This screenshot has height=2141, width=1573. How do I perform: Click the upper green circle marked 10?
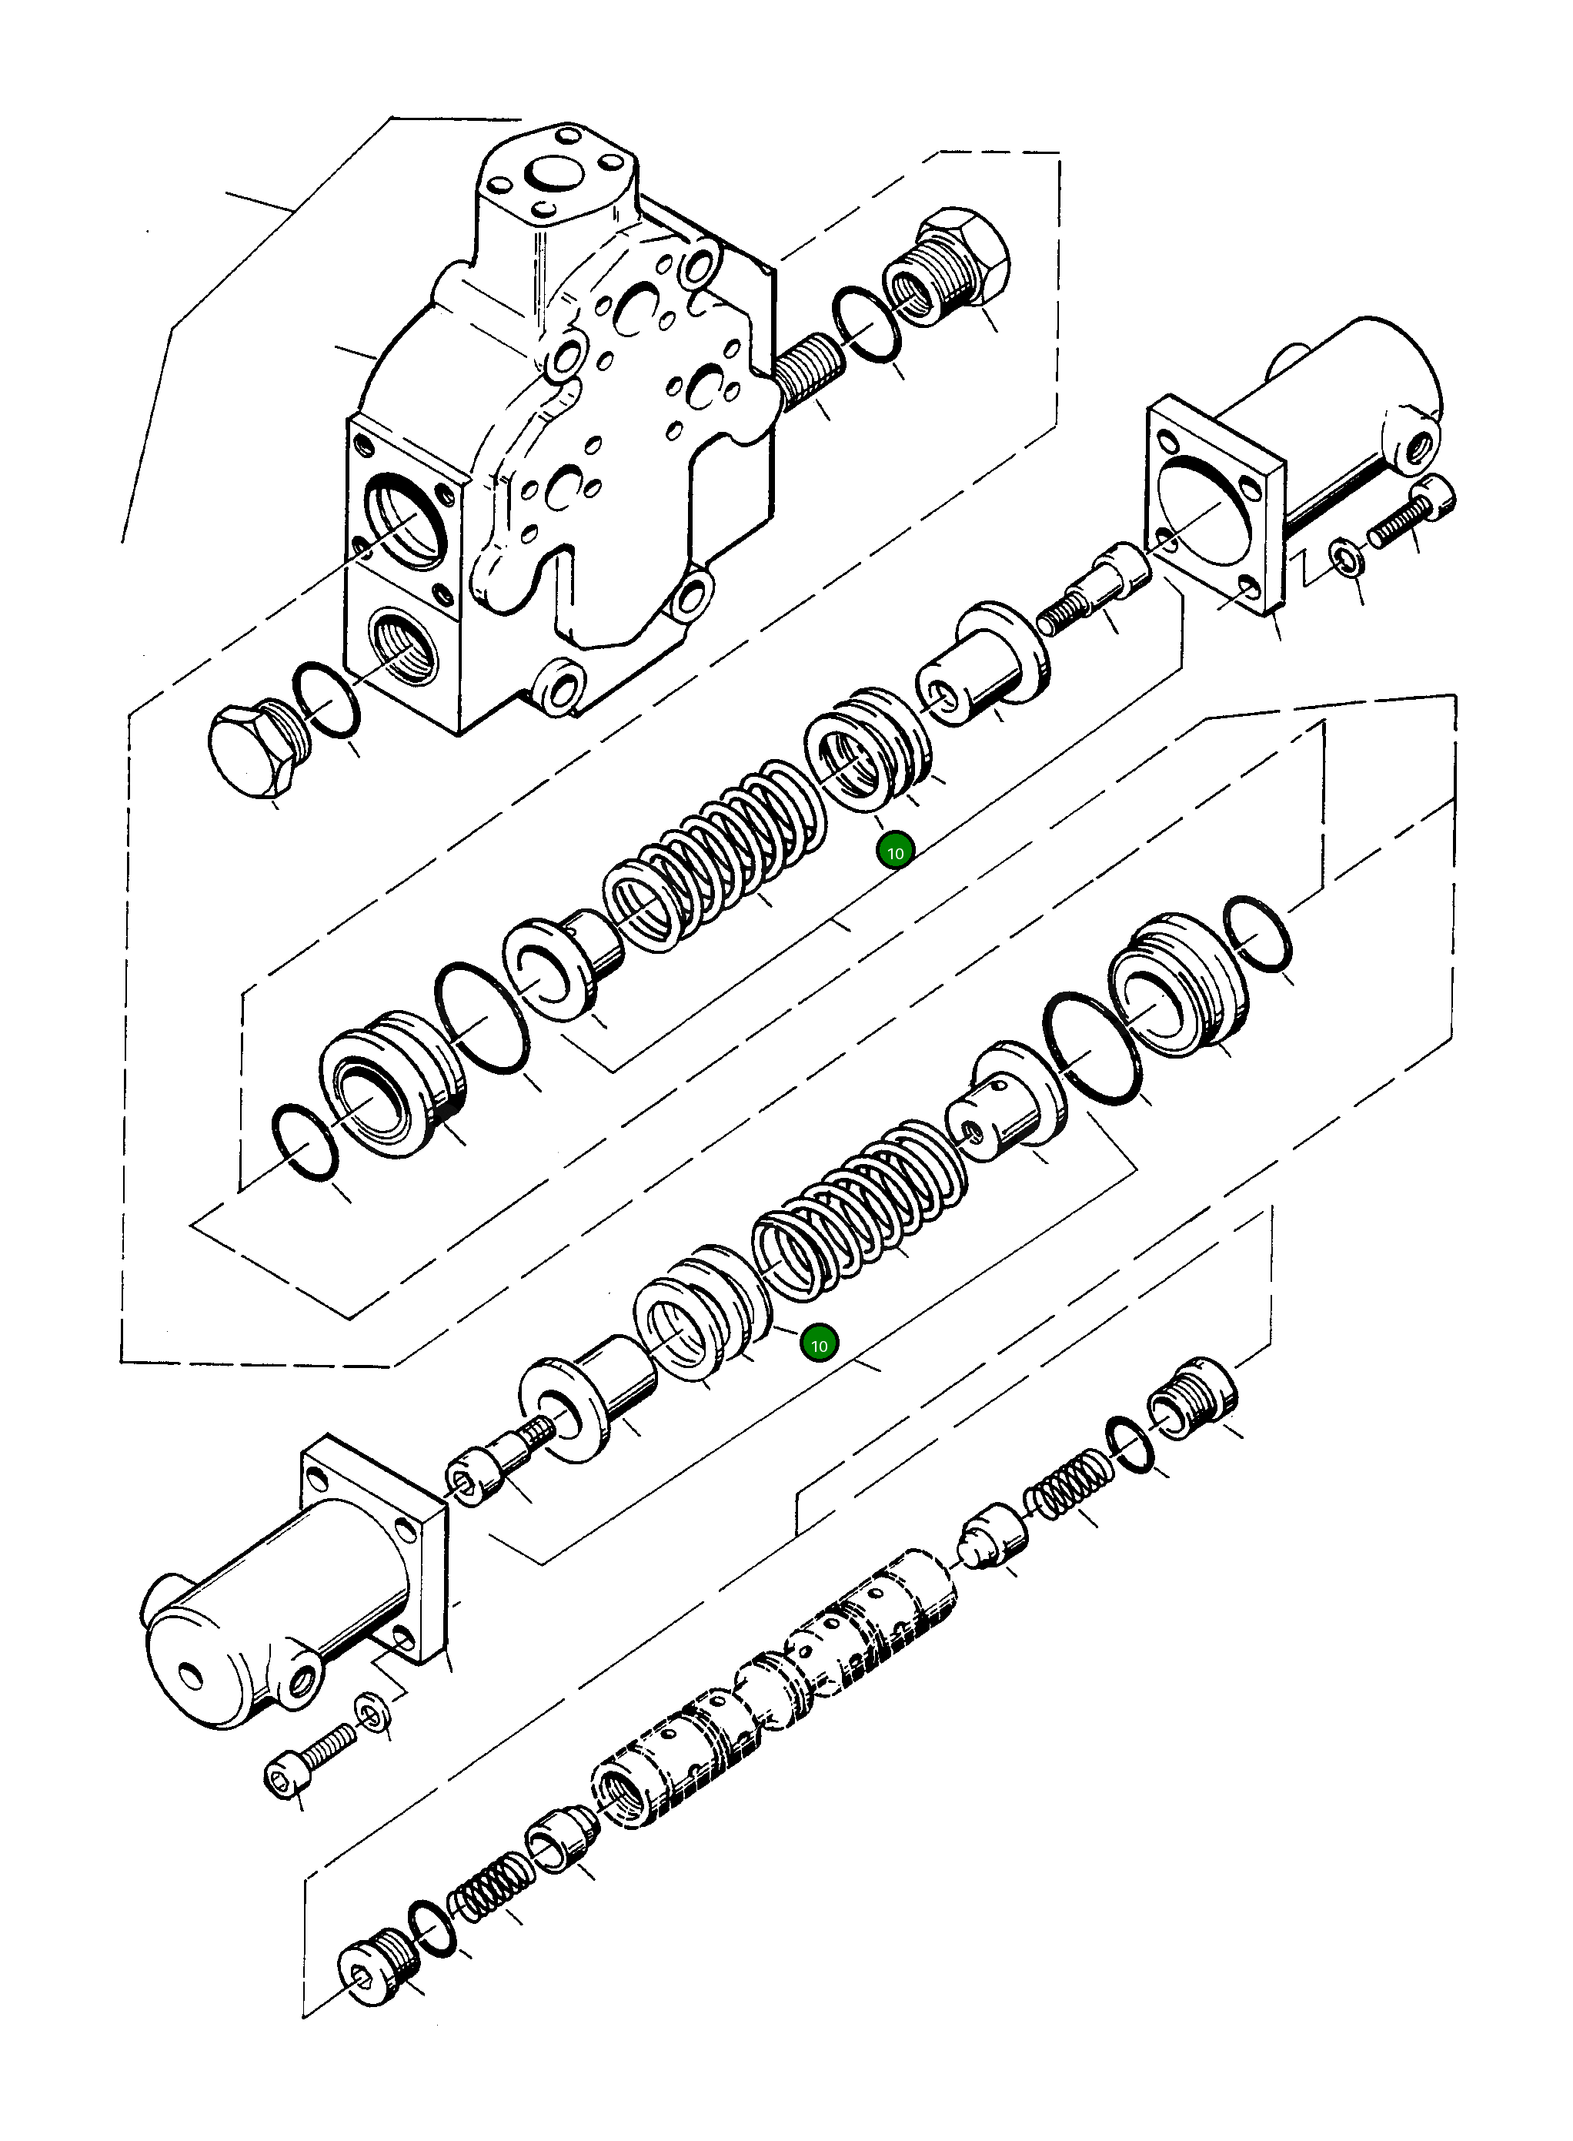coord(895,852)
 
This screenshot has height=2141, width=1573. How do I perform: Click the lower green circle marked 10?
coord(819,1346)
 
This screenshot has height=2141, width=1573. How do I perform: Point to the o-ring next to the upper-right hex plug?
coord(867,325)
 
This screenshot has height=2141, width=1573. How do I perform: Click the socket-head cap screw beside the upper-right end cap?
coord(1414,514)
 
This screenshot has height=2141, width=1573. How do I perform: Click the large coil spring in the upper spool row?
coord(714,855)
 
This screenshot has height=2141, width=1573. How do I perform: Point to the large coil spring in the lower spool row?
coord(857,1209)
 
